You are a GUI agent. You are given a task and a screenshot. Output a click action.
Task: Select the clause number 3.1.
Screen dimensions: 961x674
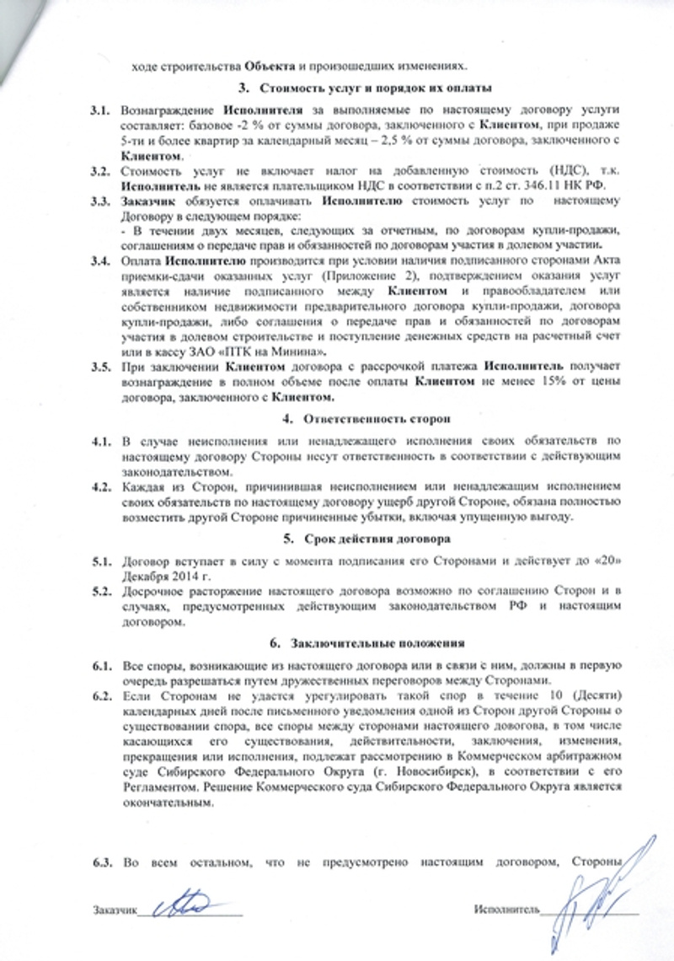[x=101, y=110]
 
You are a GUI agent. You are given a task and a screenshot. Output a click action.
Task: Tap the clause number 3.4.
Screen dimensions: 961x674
[x=101, y=259]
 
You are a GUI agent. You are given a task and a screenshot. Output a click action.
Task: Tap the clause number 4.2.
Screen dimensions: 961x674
[x=101, y=486]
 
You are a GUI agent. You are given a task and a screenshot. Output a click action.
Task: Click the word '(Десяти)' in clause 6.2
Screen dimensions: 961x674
[x=596, y=695]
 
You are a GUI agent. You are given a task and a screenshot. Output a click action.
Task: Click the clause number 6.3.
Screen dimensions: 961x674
[x=101, y=862]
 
